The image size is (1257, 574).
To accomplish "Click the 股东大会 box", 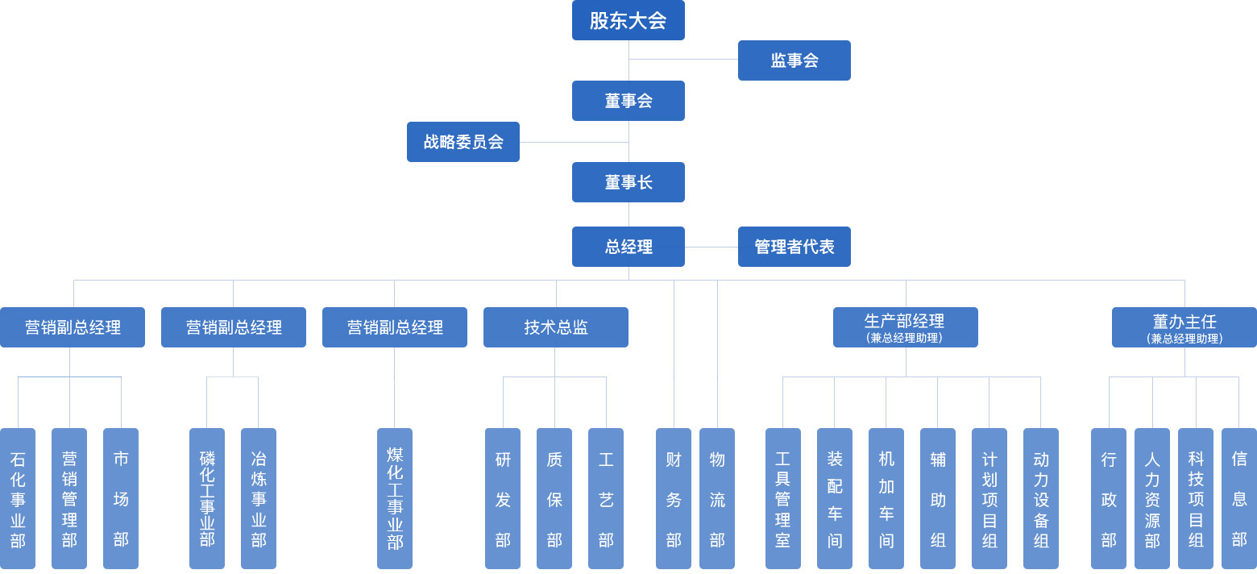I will (628, 20).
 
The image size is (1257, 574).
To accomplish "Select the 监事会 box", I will (794, 60).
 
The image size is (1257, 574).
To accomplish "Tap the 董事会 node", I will (628, 101).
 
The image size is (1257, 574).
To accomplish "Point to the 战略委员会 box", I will (463, 142).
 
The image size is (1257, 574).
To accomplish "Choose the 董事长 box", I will (628, 182).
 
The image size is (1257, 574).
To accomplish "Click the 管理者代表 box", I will (794, 247).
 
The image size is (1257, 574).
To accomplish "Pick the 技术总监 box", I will (556, 327).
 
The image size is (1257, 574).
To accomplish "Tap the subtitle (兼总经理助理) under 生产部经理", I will (906, 339).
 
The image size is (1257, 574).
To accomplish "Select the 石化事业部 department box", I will (18, 498).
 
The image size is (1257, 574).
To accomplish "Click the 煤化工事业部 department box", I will (395, 498).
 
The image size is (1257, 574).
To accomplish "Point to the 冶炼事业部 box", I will (259, 498).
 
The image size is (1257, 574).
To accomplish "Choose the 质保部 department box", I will (554, 498).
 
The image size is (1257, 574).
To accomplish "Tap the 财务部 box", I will (674, 498).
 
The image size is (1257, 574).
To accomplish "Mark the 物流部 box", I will (717, 498).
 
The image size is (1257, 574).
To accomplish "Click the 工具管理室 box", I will (783, 498).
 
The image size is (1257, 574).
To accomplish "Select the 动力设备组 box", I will (1041, 498).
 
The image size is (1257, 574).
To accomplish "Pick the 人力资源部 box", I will (1152, 498).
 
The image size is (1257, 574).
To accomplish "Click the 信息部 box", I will (1239, 498).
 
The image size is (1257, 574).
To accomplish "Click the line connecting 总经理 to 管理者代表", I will (711, 247).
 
